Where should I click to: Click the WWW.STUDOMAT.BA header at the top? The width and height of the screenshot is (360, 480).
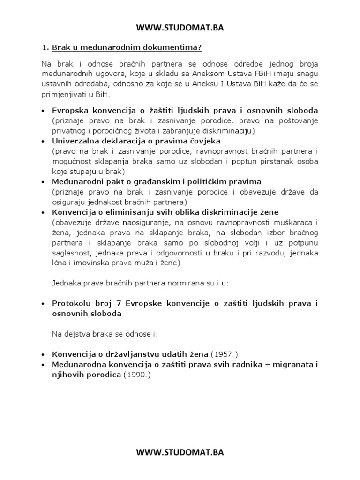180,28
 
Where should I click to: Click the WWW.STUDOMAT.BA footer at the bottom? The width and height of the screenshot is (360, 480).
180,452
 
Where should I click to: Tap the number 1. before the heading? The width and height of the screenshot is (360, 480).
45,47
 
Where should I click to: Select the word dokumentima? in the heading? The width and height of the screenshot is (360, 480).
179,47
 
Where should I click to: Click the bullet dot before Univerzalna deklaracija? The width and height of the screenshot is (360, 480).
44,141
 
